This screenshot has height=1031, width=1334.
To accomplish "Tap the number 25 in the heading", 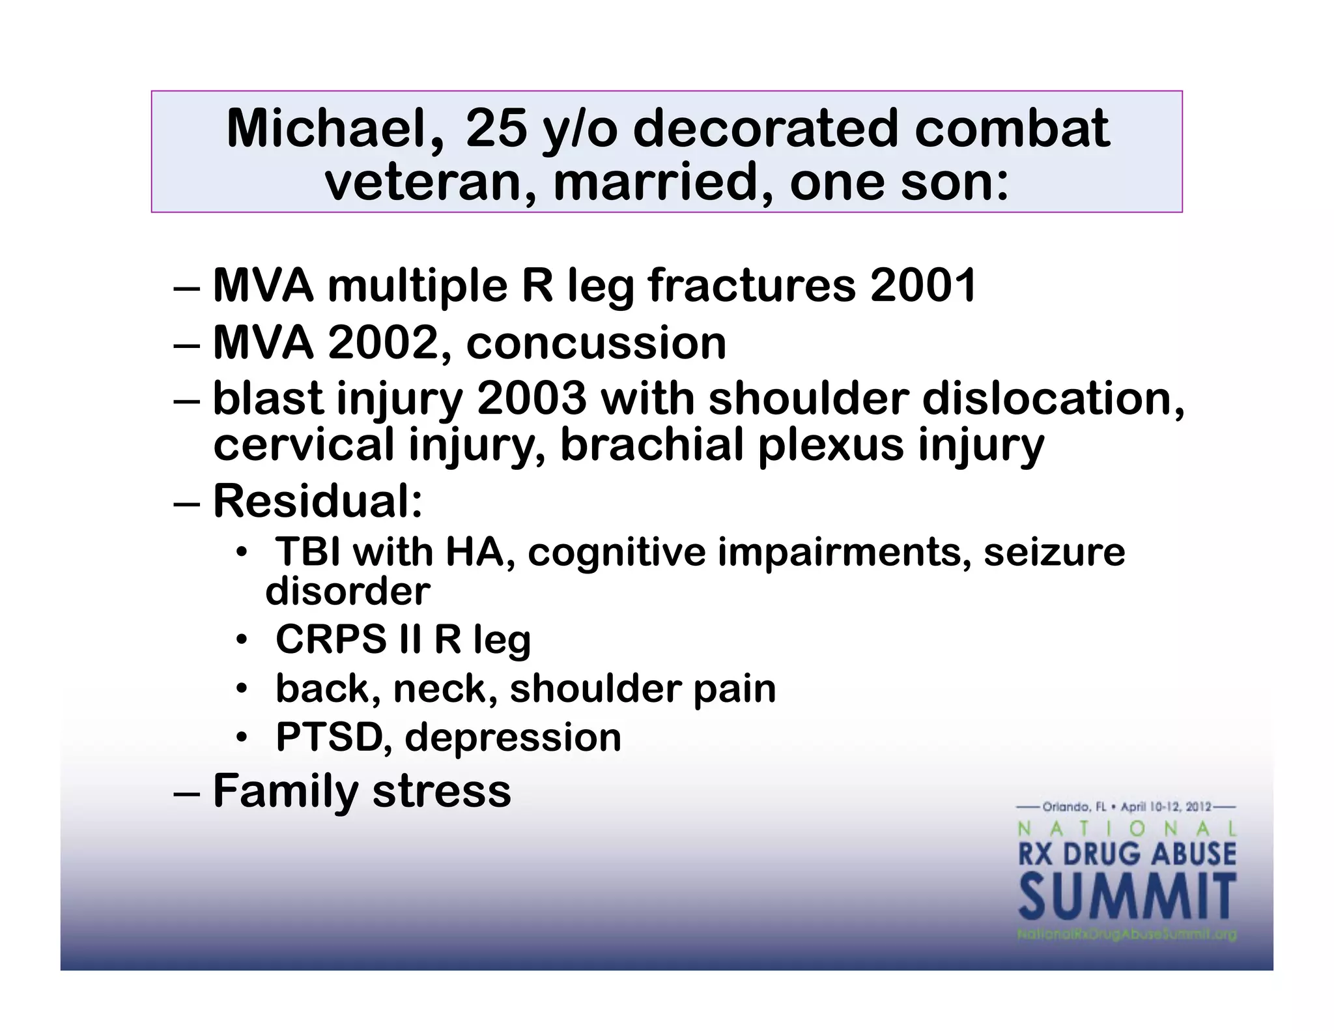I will (x=496, y=128).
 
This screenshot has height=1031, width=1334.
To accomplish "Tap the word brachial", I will (x=651, y=444).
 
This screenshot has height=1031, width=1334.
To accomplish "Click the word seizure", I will (x=1054, y=552).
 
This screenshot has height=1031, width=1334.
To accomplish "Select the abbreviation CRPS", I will (x=330, y=639).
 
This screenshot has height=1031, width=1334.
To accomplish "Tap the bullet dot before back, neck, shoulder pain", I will (x=242, y=689).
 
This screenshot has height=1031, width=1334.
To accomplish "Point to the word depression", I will (x=513, y=737).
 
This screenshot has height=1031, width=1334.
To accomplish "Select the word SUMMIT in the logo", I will (x=1126, y=897).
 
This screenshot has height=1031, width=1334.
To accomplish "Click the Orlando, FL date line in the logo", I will (x=1126, y=807).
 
